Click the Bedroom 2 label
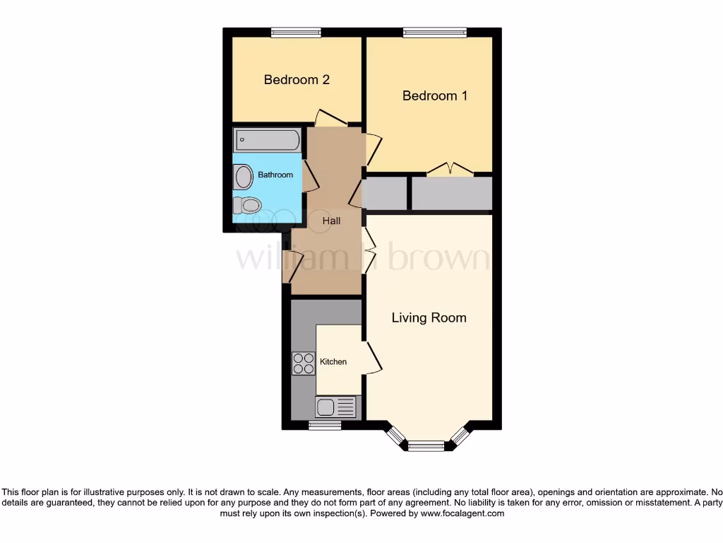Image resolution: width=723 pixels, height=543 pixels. click(297, 80)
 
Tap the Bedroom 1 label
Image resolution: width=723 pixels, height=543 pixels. click(434, 95)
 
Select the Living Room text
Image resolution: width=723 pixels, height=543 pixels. click(429, 318)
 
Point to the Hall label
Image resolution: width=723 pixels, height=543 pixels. click(331, 221)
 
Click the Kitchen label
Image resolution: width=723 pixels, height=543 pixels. click(333, 362)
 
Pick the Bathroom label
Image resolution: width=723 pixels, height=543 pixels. click(275, 175)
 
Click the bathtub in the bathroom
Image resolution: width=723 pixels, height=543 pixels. click(268, 140)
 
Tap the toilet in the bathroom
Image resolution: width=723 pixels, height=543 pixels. click(247, 205)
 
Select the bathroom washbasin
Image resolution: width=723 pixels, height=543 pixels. click(244, 177)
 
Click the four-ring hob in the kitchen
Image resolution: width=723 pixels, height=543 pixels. click(304, 363)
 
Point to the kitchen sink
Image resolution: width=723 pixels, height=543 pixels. click(335, 407)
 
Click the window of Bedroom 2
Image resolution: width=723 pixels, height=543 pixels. click(297, 32)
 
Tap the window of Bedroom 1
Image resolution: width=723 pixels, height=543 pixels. click(434, 32)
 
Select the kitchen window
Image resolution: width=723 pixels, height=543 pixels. click(325, 425)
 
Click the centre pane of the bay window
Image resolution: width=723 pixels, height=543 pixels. click(426, 445)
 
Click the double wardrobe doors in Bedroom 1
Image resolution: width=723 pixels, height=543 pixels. click(450, 169)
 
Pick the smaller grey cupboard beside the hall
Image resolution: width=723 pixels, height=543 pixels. click(386, 194)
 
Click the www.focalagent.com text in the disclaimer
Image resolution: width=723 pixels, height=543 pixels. click(462, 513)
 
